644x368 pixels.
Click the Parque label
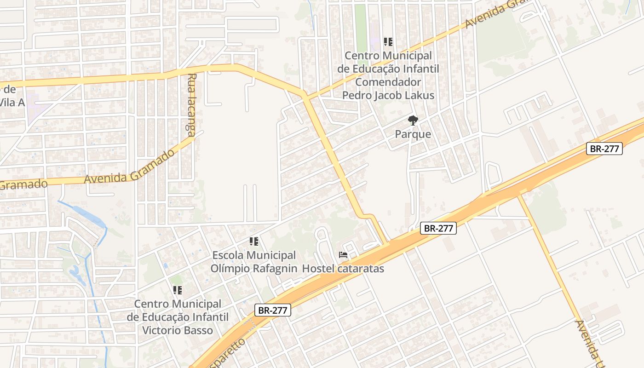[x=413, y=134]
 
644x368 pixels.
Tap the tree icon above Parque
[x=413, y=121]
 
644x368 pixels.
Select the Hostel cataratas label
[x=343, y=268]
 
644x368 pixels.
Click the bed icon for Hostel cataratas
[x=343, y=254]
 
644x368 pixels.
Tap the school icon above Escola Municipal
[x=253, y=241]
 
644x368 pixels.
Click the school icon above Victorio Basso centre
[x=178, y=290]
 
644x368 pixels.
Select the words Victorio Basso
[x=178, y=330]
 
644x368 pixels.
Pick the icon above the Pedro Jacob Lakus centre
[x=388, y=42]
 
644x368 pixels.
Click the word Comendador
[x=388, y=82]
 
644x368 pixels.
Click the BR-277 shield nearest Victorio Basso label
[x=273, y=310]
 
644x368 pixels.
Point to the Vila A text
[x=12, y=102]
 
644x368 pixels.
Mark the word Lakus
[x=418, y=96]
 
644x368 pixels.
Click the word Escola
[x=229, y=255]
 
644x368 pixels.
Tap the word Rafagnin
[x=276, y=268]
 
